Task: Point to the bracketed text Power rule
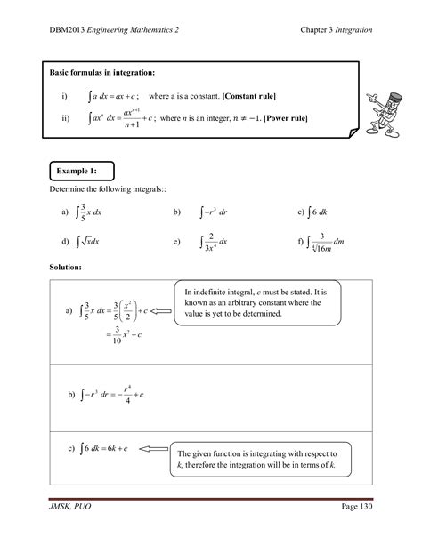click(304, 116)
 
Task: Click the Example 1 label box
click(81, 170)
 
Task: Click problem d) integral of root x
click(81, 242)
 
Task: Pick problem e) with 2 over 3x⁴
click(201, 242)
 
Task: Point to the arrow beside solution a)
click(162, 311)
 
